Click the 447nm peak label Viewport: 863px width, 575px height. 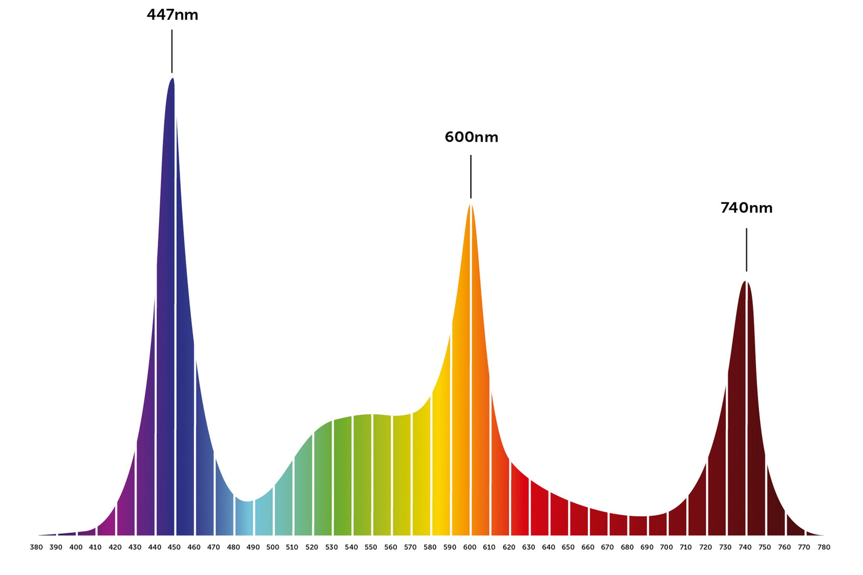pos(172,15)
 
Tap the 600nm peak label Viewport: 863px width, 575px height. pos(471,137)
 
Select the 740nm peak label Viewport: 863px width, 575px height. pos(746,208)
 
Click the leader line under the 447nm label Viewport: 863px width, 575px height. pos(172,51)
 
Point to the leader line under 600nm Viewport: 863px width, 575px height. pos(471,177)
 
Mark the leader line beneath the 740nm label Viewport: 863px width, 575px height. pos(747,249)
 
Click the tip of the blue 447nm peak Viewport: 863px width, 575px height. pos(172,79)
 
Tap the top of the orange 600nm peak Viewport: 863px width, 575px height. pos(471,205)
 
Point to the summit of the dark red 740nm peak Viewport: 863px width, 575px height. pos(746,283)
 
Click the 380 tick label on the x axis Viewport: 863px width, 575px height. pos(37,547)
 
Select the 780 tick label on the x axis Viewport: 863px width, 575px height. pos(824,547)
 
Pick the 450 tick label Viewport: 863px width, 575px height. pos(174,547)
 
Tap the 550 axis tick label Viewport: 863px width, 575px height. pos(371,547)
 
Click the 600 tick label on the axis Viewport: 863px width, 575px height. pos(470,547)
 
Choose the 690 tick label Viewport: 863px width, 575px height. pos(647,547)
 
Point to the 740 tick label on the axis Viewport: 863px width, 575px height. pos(745,547)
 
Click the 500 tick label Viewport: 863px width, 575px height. pos(273,547)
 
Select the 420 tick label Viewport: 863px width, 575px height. pos(115,547)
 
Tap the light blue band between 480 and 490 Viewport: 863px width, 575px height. pos(244,519)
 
